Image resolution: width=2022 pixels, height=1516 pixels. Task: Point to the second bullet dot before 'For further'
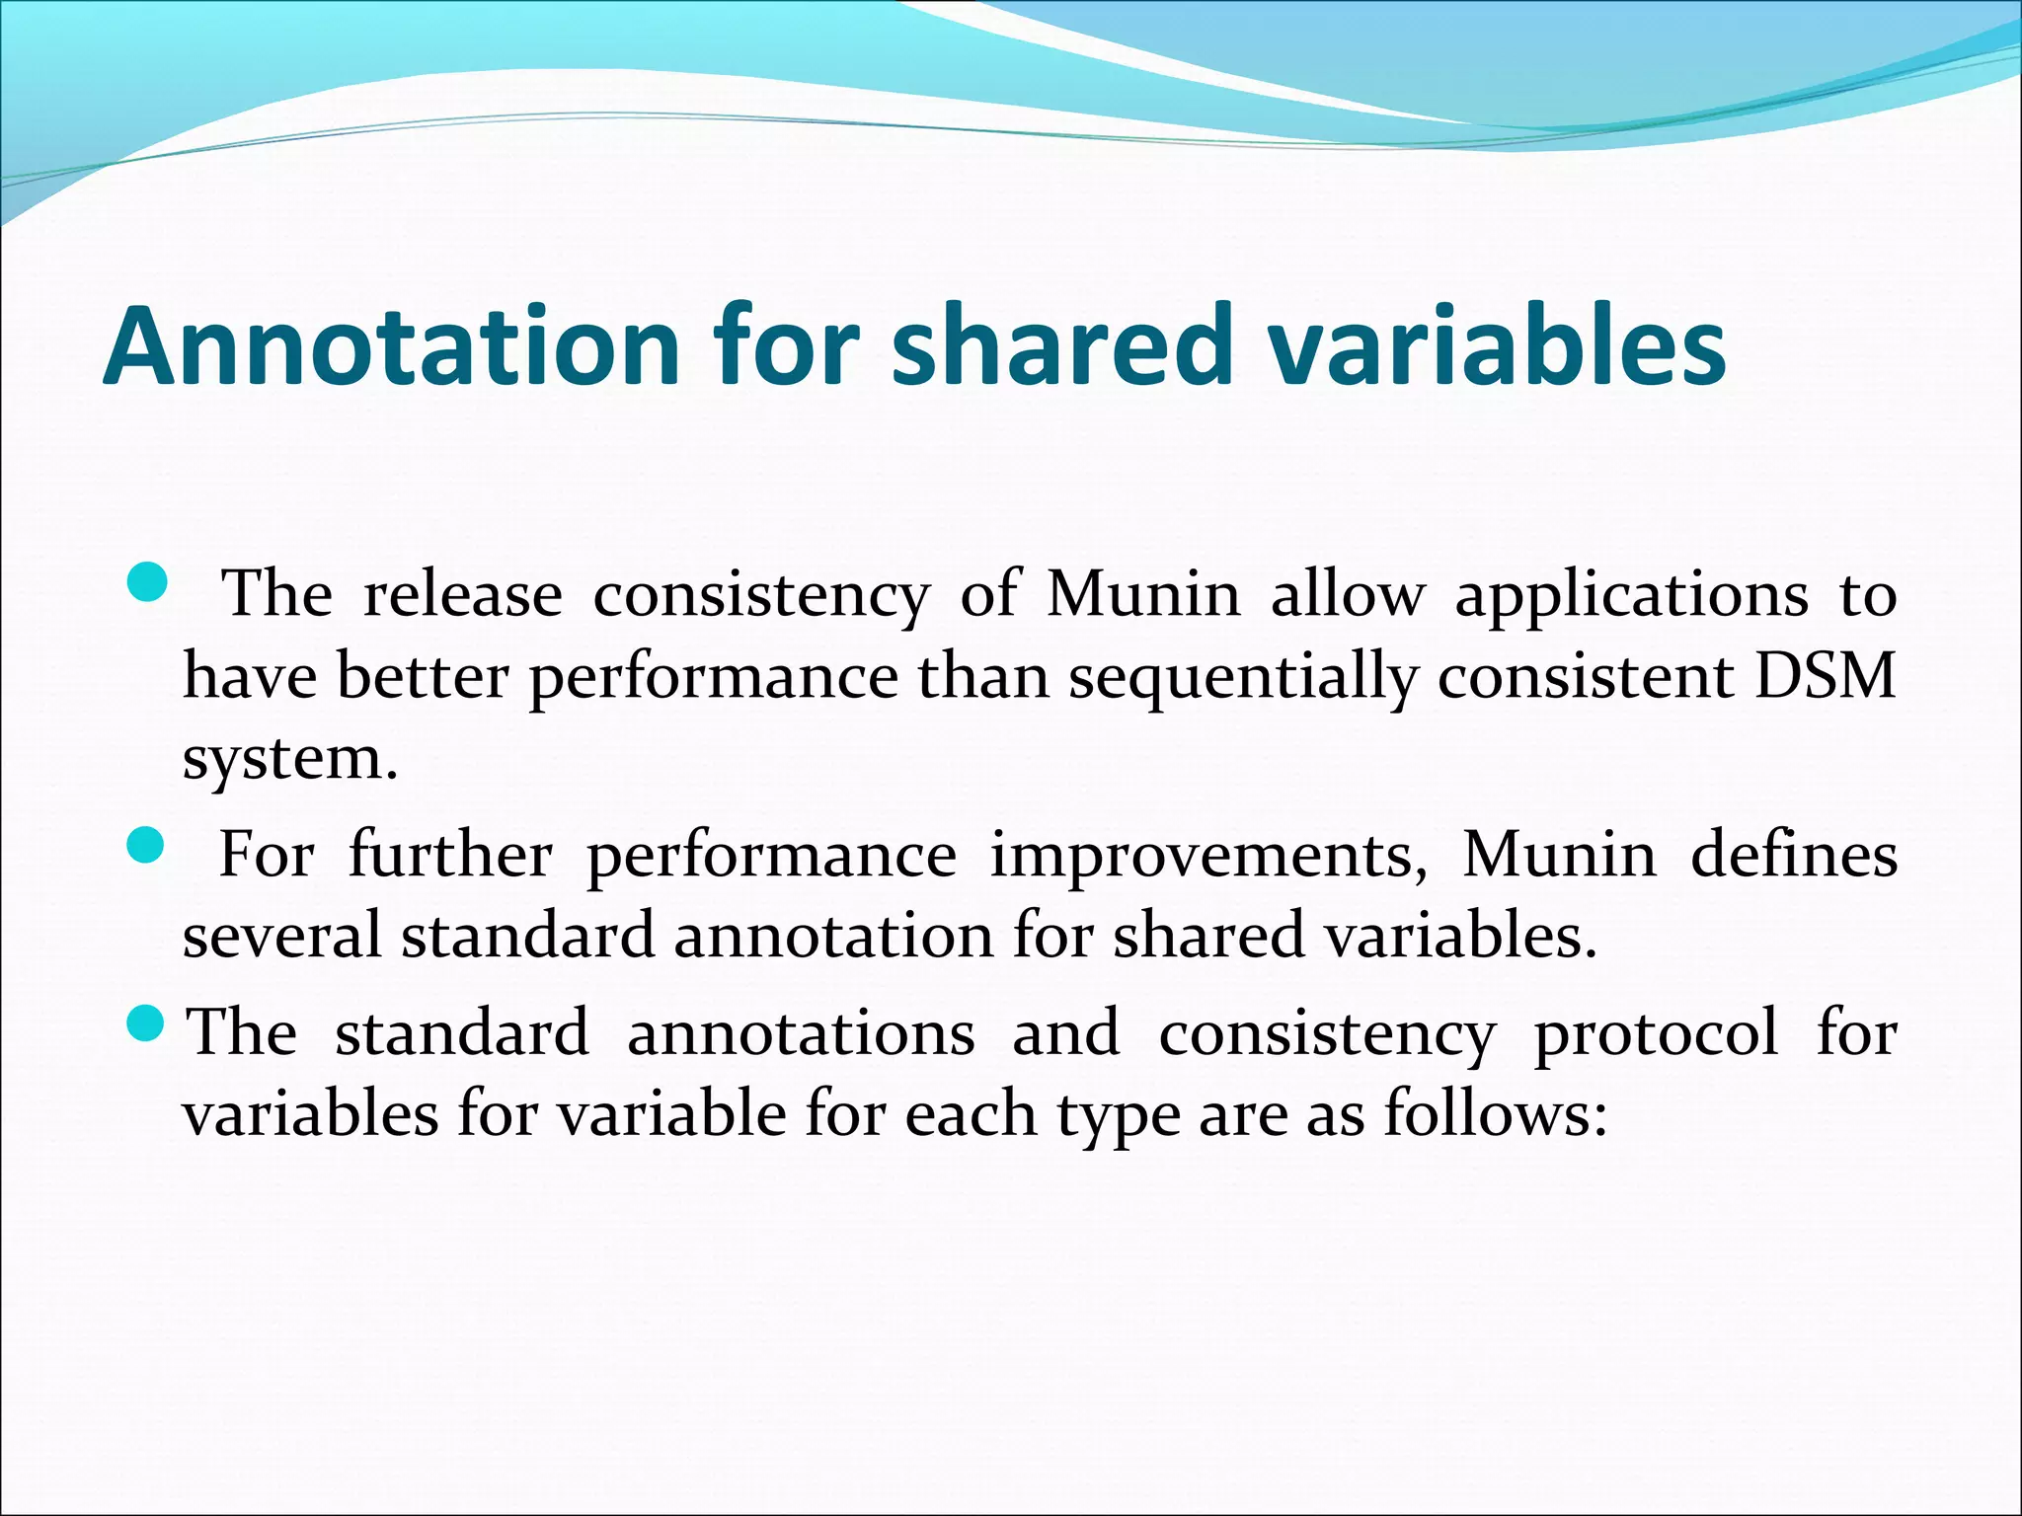coord(146,847)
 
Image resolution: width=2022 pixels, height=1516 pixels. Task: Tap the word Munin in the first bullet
coord(1142,595)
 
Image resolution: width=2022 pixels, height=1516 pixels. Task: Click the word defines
coord(1793,855)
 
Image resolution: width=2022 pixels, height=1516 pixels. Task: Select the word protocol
coord(1655,1034)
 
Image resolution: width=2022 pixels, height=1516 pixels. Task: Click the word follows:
coord(1495,1115)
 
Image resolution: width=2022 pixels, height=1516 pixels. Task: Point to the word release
coord(462,595)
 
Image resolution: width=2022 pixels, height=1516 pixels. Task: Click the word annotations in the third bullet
coord(801,1034)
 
